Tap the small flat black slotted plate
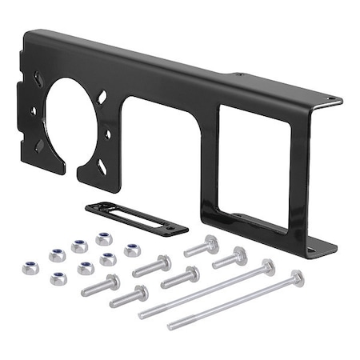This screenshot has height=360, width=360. point(137,219)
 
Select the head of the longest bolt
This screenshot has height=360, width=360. point(297,278)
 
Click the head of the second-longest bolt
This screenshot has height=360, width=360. point(267,266)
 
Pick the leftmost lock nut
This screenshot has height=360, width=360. point(30,267)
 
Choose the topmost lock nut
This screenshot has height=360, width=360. point(103,238)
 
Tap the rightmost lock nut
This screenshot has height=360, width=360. point(132,250)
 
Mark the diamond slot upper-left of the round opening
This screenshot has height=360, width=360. point(38,80)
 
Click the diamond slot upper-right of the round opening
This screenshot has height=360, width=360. point(103,97)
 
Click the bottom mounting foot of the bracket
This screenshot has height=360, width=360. point(320,245)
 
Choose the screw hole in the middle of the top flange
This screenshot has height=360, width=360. point(238,75)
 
